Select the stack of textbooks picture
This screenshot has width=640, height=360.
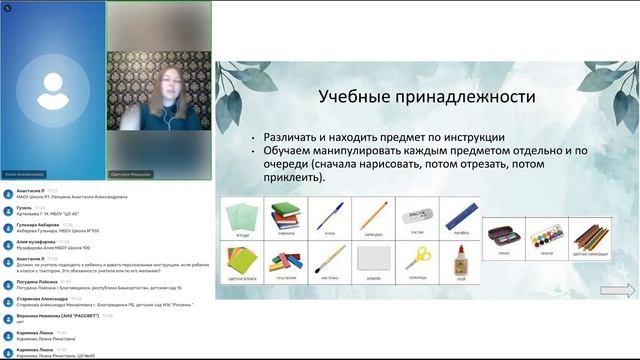pyautogui.click(x=284, y=215)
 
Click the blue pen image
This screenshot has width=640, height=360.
pyautogui.click(x=329, y=216)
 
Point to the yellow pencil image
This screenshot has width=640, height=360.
pyautogui.click(x=374, y=216)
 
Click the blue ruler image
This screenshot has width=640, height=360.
pyautogui.click(x=460, y=216)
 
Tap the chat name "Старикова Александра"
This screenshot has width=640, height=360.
pyautogui.click(x=37, y=297)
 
